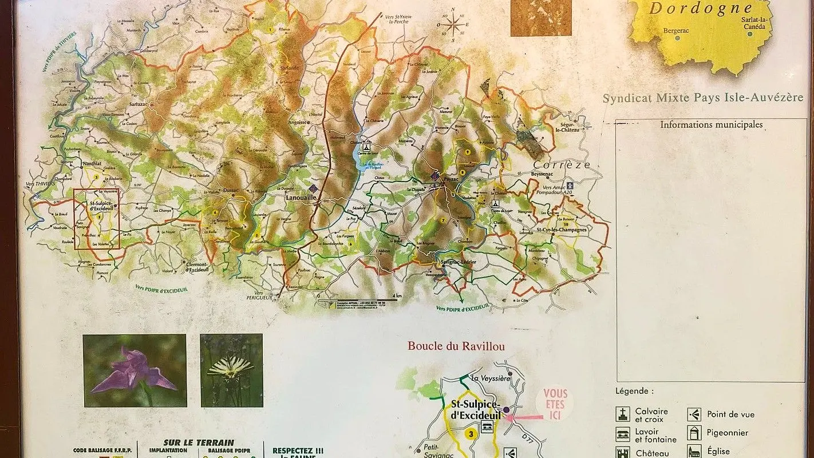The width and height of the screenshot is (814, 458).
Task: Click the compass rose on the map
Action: (452, 25)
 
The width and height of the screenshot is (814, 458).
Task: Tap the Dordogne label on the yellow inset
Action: (701, 8)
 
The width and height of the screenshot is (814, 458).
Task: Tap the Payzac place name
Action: (452, 180)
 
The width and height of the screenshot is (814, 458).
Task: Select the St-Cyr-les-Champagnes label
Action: (561, 230)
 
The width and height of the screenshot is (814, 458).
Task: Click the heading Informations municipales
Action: (711, 124)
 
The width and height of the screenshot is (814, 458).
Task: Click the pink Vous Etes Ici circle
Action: (554, 404)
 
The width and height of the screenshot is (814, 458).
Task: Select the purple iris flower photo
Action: (135, 370)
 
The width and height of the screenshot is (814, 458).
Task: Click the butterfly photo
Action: (231, 370)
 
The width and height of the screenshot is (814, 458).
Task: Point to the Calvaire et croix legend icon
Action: (623, 414)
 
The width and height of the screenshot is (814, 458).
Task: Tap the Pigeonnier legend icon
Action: (694, 433)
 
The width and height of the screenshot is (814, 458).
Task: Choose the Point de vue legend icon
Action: (694, 414)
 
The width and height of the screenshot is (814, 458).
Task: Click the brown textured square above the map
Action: (540, 18)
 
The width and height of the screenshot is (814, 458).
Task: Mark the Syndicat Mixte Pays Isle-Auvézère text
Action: (703, 98)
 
